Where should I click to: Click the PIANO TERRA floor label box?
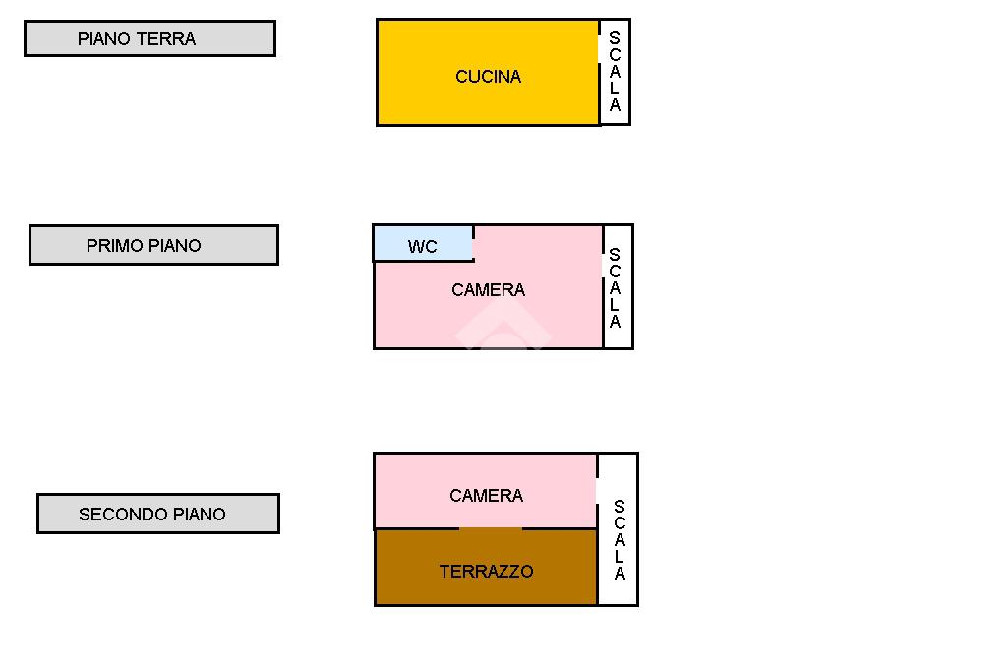[x=149, y=38]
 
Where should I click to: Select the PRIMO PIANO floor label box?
[x=153, y=245]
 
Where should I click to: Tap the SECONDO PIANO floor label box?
[x=157, y=514]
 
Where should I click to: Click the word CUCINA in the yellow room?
[x=488, y=77]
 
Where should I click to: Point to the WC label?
[x=422, y=247]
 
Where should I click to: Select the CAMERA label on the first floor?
[x=488, y=290]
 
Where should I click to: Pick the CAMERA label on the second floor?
[x=486, y=496]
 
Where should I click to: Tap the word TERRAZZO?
[x=486, y=572]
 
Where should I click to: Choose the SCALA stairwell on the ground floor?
[x=615, y=72]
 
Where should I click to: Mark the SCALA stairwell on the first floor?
[x=617, y=287]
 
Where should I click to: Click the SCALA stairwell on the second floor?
[x=619, y=539]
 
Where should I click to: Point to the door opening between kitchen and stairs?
[x=600, y=49]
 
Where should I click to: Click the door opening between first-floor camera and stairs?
[x=603, y=266]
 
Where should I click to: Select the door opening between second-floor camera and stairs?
[x=597, y=491]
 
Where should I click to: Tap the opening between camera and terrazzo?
[x=491, y=529]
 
